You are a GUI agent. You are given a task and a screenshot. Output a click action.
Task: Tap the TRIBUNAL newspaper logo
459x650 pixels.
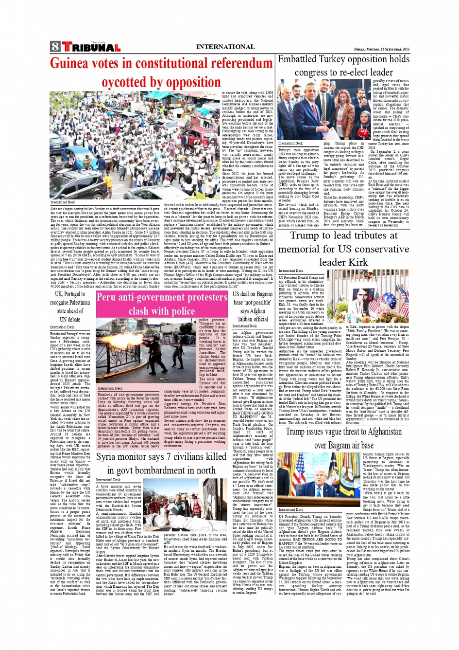[x=90, y=48]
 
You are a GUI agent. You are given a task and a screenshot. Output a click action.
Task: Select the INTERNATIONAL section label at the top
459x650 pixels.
[x=225, y=47]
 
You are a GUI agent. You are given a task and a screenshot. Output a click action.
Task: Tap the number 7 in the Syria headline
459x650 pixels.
[x=171, y=457]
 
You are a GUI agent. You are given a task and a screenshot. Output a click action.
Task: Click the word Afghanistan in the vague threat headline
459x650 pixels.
[x=377, y=432]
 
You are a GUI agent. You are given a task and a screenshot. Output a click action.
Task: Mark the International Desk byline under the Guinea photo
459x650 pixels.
[x=63, y=202]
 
